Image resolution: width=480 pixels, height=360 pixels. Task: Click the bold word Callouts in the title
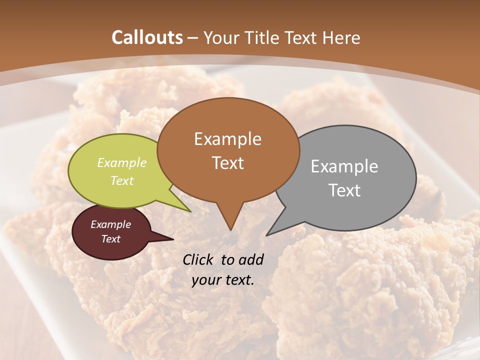(147, 37)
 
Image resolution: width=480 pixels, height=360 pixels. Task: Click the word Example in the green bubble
(122, 163)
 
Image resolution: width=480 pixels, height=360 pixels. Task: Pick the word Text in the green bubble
(122, 180)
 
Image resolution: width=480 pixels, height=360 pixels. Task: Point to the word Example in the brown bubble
(227, 139)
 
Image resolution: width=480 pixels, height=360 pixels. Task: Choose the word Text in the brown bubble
(227, 163)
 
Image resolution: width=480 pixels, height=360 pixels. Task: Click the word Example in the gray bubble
(344, 166)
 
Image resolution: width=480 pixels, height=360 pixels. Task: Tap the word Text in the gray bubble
(344, 190)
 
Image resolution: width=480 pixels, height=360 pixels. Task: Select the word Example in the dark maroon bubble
(111, 224)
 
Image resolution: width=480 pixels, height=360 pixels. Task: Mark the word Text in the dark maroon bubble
(111, 239)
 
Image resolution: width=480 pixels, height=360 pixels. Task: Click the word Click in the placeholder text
(199, 259)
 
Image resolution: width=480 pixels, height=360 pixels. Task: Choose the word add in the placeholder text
(251, 259)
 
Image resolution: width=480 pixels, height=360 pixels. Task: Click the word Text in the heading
(303, 38)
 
